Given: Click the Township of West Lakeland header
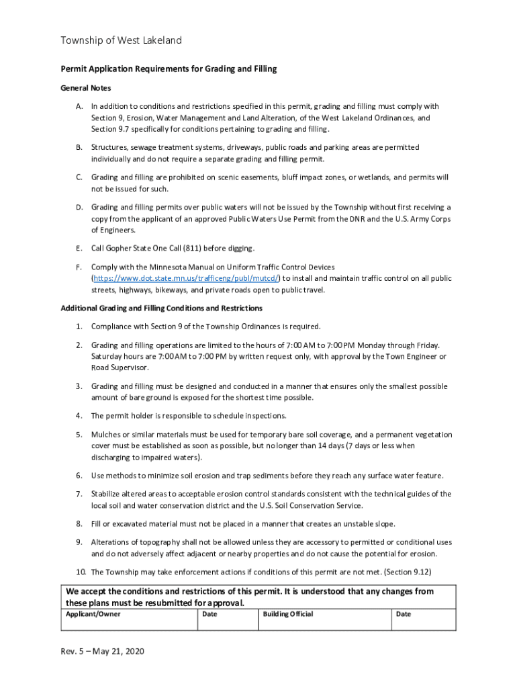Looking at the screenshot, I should point(122,41).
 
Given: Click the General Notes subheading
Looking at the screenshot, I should point(86,88).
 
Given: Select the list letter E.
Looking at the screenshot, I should point(79,249).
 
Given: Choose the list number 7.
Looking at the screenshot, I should point(79,494).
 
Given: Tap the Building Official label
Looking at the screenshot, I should point(287,614).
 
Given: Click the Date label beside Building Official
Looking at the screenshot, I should point(404,614).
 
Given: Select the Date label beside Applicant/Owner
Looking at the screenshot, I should point(209,614).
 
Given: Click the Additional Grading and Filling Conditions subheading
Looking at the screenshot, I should point(161,308).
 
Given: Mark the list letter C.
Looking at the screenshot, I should point(79,177).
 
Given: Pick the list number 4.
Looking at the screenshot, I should point(79,416).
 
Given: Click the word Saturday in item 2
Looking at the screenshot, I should point(109,356).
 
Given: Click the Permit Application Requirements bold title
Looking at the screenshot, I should point(169,69).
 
